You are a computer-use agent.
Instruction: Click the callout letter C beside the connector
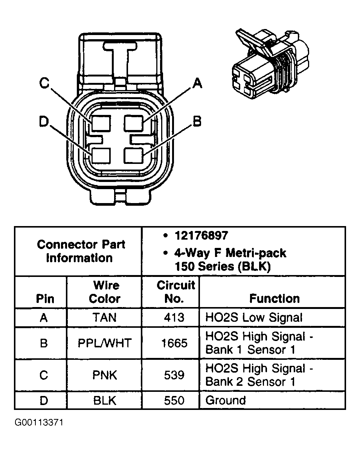(45, 83)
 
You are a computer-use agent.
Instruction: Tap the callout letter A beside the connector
(197, 83)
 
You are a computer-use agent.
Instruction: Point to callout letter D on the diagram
(44, 122)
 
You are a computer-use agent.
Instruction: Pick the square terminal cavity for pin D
(101, 156)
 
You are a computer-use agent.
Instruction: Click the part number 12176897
(201, 235)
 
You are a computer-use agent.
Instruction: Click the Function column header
(274, 298)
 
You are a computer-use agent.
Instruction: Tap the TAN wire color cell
(104, 318)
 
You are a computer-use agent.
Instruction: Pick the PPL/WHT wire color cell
(104, 343)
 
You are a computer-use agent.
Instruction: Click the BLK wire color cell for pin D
(104, 400)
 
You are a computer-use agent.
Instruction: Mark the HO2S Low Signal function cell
(253, 318)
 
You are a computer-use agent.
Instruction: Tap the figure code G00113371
(39, 422)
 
